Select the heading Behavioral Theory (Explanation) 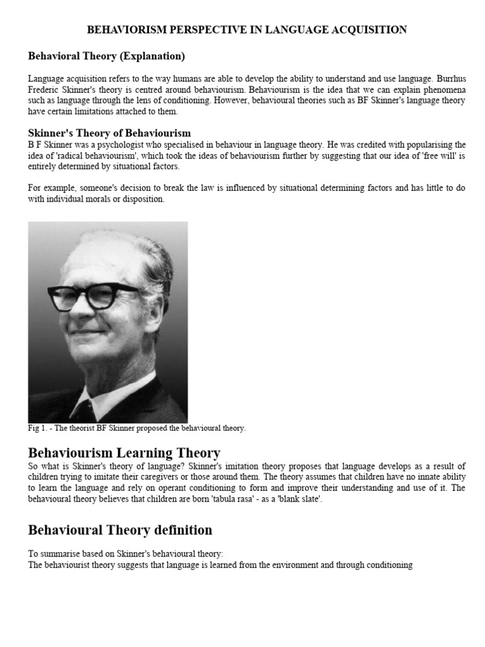tap(106, 56)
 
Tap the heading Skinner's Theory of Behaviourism tap(109, 133)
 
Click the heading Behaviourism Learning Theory tap(124, 452)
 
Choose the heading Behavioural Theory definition tap(120, 529)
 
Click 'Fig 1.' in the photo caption tap(38, 428)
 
